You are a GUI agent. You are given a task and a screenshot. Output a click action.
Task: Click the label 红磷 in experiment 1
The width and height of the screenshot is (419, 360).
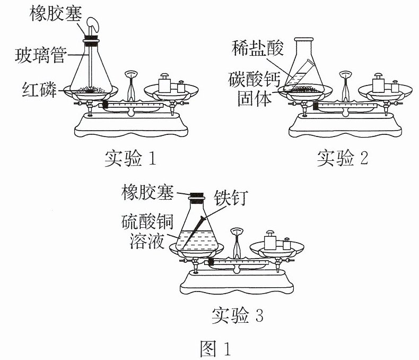click(40, 89)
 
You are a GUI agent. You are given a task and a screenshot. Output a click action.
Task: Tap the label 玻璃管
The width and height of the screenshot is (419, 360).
click(41, 55)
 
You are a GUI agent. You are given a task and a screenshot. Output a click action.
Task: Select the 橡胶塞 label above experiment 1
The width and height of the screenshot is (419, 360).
click(56, 13)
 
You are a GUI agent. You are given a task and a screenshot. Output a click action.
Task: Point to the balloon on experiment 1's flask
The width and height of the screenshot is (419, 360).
click(93, 25)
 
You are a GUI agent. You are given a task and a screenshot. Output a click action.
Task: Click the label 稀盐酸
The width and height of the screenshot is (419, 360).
click(257, 48)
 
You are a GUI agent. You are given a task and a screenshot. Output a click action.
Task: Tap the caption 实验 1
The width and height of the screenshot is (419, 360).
click(130, 158)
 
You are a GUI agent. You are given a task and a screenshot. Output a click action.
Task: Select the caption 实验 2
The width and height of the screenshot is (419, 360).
click(343, 158)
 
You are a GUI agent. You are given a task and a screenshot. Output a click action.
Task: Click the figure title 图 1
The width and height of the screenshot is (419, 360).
click(215, 348)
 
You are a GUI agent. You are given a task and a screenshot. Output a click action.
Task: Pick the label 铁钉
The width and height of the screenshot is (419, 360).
click(231, 198)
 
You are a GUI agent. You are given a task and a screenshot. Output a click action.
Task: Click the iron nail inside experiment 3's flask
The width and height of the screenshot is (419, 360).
click(192, 233)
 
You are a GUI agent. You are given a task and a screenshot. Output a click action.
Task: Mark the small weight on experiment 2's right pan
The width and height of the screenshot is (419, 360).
click(395, 86)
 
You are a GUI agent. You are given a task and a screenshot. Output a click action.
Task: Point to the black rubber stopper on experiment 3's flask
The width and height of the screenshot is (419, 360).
click(197, 195)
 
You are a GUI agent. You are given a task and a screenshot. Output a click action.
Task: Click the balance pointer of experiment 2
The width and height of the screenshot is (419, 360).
click(345, 86)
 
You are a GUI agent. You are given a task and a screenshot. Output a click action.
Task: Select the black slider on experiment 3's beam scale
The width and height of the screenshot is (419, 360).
click(211, 262)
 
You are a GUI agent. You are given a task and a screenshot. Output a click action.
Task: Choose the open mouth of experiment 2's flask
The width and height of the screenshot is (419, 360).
click(303, 39)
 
